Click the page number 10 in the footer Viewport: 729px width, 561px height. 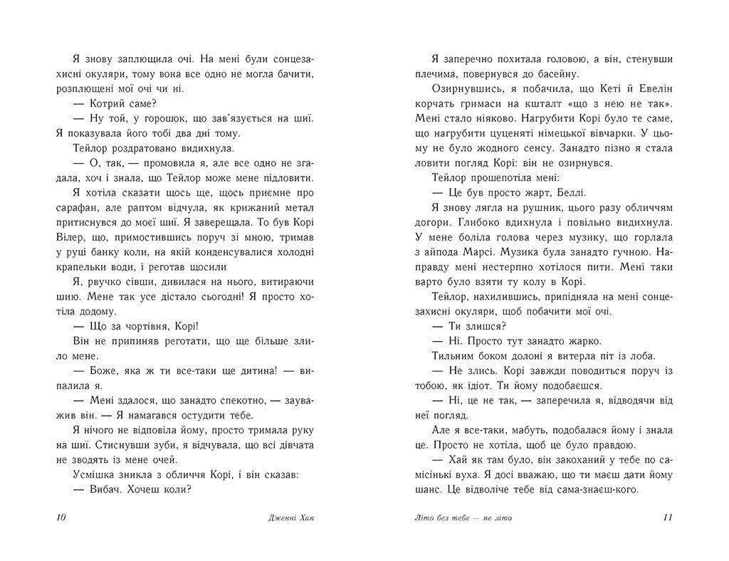[60, 517]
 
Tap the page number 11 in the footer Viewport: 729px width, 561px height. [667, 517]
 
